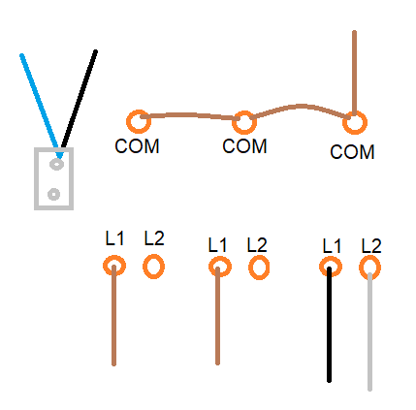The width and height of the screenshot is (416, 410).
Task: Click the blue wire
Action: (x=40, y=106)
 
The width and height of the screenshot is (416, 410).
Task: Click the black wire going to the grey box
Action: (x=80, y=99)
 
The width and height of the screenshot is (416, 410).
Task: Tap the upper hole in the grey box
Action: (x=56, y=165)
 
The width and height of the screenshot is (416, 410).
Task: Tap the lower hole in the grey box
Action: (x=53, y=194)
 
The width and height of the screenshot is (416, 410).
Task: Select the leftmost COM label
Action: (x=137, y=146)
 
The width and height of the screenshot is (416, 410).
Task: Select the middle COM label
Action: (x=244, y=146)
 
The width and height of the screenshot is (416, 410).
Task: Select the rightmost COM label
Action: (x=352, y=151)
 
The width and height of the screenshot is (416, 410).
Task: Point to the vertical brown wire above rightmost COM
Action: (x=354, y=73)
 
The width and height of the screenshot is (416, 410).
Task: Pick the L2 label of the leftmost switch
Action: (x=154, y=238)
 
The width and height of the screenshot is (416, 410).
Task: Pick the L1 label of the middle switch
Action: (x=217, y=245)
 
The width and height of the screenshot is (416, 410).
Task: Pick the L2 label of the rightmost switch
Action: (x=371, y=246)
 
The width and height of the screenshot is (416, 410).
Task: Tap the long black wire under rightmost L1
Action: (x=329, y=325)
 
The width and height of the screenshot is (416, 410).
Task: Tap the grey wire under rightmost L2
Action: (x=369, y=331)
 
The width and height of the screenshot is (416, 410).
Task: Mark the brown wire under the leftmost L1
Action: (x=113, y=315)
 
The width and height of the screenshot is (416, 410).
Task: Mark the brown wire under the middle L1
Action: (x=217, y=316)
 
